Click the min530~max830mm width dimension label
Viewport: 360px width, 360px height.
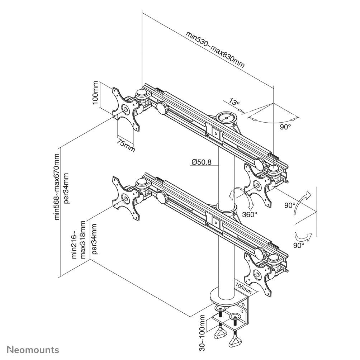[x=215, y=49]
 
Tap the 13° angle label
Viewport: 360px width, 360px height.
[x=234, y=103]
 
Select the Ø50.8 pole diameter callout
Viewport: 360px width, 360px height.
[x=201, y=162]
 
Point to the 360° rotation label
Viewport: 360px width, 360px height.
[x=250, y=214]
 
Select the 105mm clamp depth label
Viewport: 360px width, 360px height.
[x=243, y=286]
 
